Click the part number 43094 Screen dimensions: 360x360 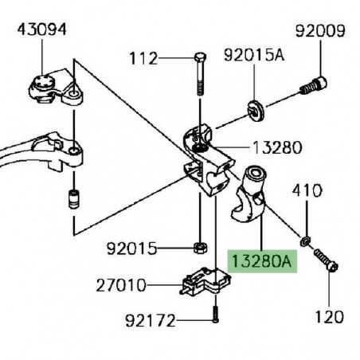pos(37,30)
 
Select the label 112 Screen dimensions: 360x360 pos(143,59)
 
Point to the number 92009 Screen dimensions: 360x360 pos(320,33)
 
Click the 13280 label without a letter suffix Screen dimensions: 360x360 pos(277,147)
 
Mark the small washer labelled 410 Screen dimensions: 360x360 pos(306,240)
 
